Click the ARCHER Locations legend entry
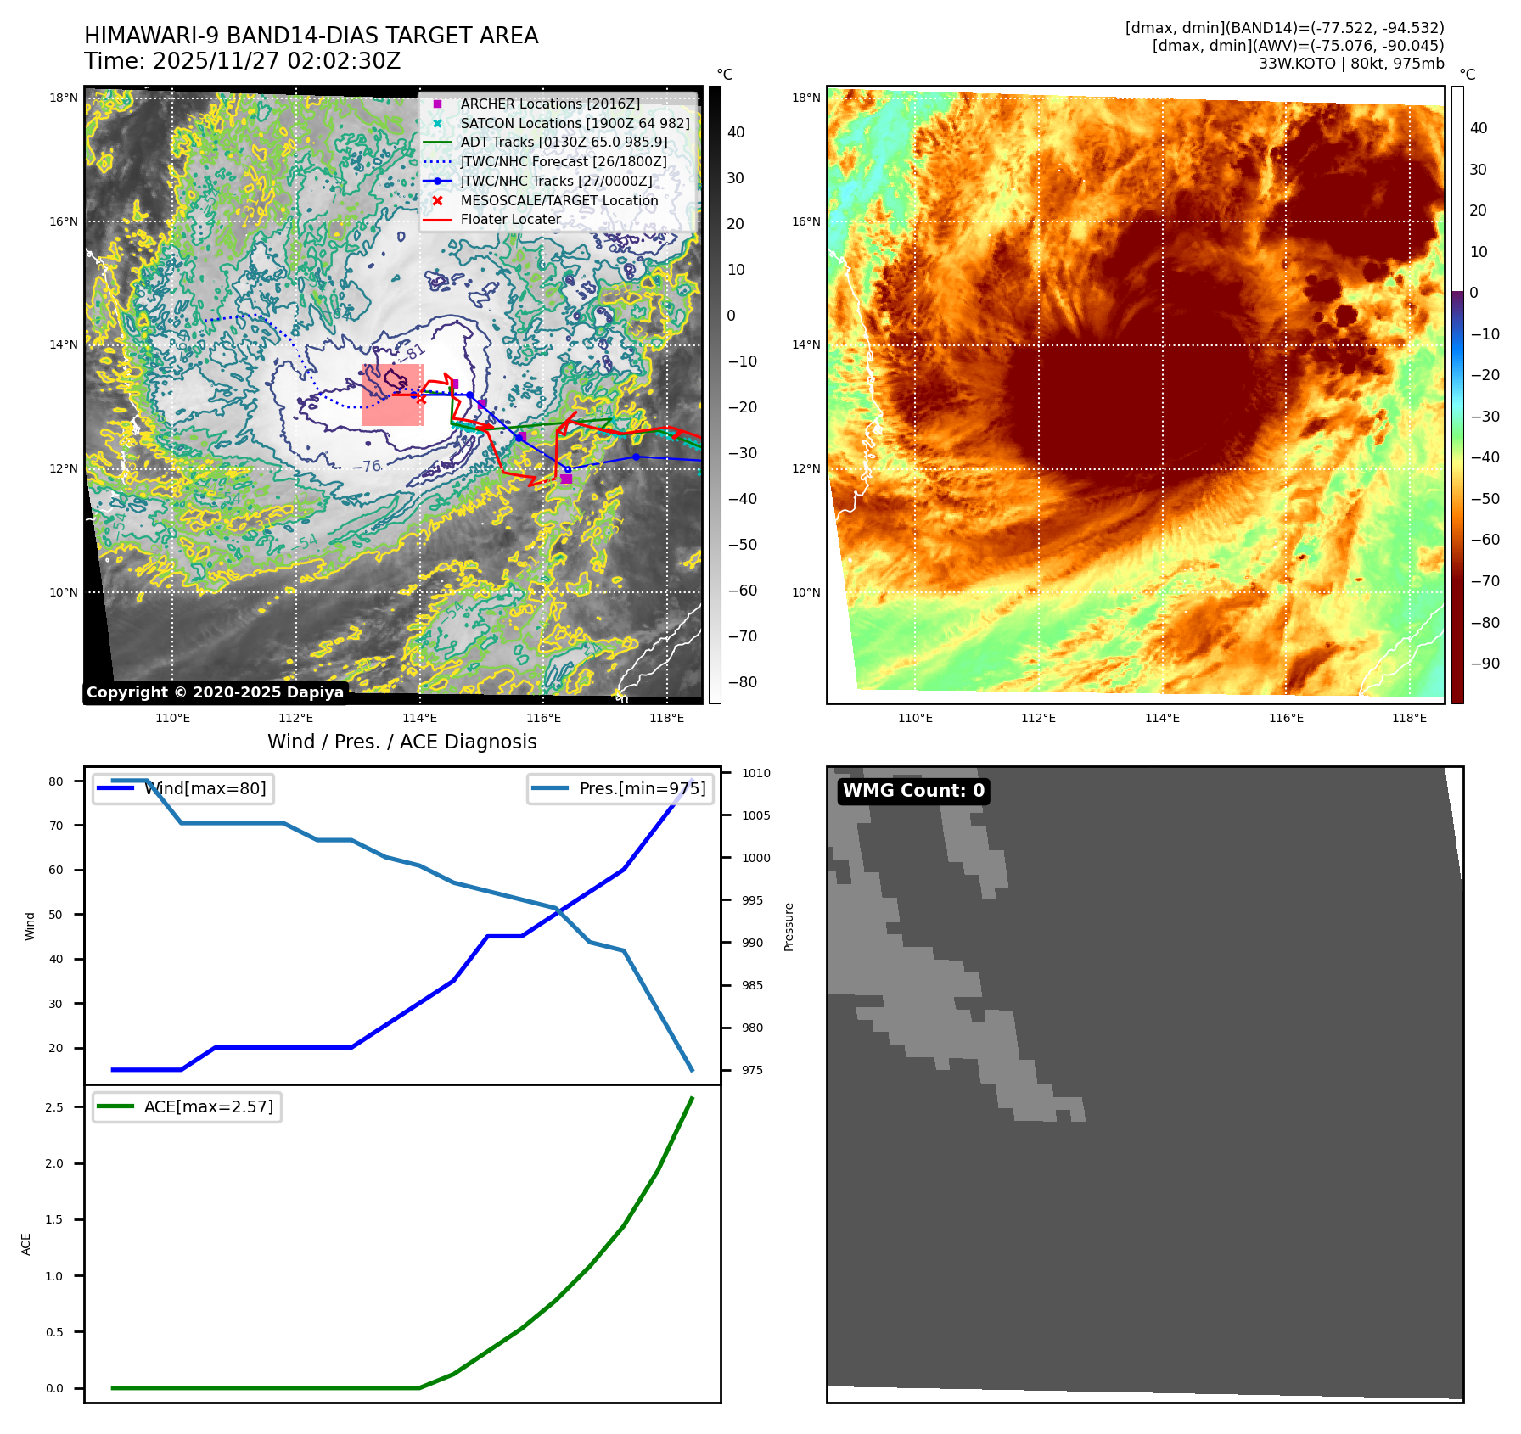pyautogui.click(x=550, y=104)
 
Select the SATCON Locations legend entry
pyautogui.click(x=575, y=123)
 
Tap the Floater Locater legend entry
pyautogui.click(x=510, y=219)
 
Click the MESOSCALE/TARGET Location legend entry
pyautogui.click(x=558, y=200)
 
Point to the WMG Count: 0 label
pyautogui.click(x=913, y=791)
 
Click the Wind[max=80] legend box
pyautogui.click(x=183, y=788)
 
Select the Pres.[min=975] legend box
pyautogui.click(x=620, y=788)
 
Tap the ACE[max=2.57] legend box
pyautogui.click(x=187, y=1106)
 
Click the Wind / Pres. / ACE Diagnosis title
pyautogui.click(x=401, y=742)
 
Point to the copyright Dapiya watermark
pyautogui.click(x=215, y=692)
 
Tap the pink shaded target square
pyautogui.click(x=393, y=395)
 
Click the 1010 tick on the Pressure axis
pyautogui.click(x=755, y=773)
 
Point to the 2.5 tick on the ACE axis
pyautogui.click(x=54, y=1107)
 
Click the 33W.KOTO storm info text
pyautogui.click(x=1350, y=64)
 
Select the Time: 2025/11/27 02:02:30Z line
pyautogui.click(x=242, y=61)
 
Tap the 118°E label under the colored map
pyautogui.click(x=1409, y=718)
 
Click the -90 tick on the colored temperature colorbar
pyautogui.click(x=1485, y=664)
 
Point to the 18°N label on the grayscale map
pyautogui.click(x=64, y=98)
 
